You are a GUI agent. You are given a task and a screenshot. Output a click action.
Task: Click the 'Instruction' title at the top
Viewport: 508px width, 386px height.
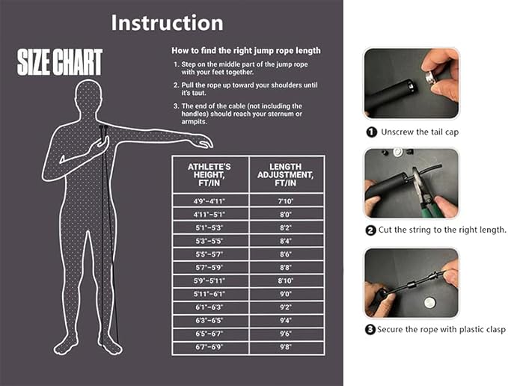(x=167, y=22)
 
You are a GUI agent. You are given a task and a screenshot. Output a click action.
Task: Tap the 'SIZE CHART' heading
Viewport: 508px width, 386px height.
(x=60, y=62)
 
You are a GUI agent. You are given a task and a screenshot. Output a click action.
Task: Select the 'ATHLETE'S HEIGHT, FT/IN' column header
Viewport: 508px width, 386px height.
(x=209, y=175)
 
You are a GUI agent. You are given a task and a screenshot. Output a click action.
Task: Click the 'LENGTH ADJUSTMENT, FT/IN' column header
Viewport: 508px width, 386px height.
(x=286, y=175)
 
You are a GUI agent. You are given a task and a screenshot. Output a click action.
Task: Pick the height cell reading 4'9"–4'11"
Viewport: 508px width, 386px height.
(x=209, y=201)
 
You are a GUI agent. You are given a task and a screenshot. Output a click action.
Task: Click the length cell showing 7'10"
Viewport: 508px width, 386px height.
(x=286, y=201)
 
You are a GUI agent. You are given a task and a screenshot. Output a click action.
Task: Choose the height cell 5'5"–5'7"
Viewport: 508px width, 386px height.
(x=209, y=254)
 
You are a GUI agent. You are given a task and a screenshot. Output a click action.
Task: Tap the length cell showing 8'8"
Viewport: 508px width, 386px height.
(x=286, y=268)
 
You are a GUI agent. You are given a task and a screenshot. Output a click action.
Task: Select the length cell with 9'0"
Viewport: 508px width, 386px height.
(x=286, y=294)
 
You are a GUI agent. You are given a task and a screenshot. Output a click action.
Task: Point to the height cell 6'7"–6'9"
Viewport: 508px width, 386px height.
(x=209, y=347)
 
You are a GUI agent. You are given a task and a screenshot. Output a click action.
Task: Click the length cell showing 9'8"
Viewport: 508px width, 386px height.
(x=286, y=347)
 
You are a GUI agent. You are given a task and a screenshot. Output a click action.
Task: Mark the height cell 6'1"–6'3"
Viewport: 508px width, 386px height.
(x=209, y=307)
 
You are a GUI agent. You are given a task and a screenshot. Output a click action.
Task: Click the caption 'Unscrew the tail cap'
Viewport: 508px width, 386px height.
(x=420, y=132)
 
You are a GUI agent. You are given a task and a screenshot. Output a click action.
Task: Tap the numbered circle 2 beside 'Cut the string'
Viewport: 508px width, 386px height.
(x=370, y=230)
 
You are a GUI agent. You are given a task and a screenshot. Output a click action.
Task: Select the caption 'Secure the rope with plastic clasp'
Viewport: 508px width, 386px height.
(x=441, y=330)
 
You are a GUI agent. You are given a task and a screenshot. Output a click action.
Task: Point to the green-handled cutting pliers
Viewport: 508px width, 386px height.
(x=422, y=192)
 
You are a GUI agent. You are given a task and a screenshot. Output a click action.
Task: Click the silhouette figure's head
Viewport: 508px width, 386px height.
(x=88, y=94)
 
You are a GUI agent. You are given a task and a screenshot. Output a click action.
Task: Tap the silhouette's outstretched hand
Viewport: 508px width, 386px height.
(x=203, y=142)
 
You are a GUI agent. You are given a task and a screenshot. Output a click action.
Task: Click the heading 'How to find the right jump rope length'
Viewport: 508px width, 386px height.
(x=246, y=51)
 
